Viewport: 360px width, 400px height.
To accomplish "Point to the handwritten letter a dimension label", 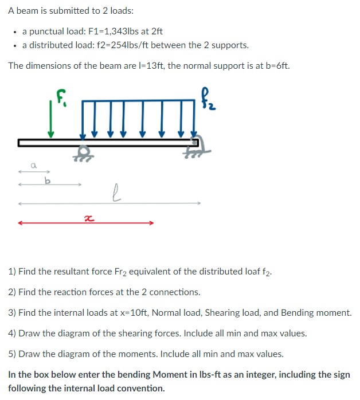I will pos(34,165).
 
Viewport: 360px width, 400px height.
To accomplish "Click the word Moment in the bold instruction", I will pos(173,375).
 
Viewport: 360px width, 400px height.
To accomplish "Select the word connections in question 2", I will pos(175,292).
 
